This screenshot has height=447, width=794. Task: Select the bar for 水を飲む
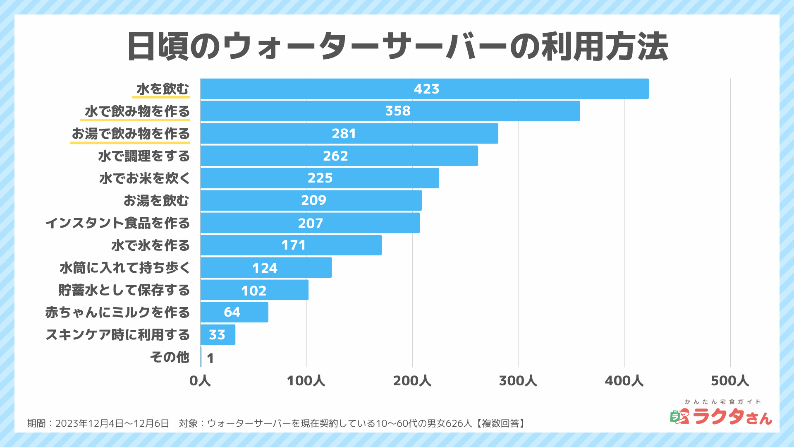coord(424,89)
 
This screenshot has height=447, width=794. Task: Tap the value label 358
coord(398,111)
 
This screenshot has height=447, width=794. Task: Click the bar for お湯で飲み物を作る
coord(349,133)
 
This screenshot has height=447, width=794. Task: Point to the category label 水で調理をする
coord(144,156)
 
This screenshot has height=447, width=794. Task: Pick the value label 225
coord(320,178)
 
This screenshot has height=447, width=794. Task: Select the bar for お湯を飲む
coord(311,200)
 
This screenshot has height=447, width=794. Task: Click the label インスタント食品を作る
coord(118,223)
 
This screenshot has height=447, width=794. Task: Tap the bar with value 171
coord(291,245)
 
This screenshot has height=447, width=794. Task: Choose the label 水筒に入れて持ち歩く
coord(125,268)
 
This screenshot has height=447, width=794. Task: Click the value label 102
coord(254,291)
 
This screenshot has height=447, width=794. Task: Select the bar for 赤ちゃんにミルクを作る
coord(234,312)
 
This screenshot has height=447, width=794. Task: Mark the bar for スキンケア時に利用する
coord(218,334)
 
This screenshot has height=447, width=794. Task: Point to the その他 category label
coord(170,357)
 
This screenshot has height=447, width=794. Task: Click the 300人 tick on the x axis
coord(518,381)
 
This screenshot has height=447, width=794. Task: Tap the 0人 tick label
coord(200,381)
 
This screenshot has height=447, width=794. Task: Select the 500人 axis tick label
coord(730,381)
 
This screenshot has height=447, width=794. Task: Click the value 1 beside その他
coord(210,358)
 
